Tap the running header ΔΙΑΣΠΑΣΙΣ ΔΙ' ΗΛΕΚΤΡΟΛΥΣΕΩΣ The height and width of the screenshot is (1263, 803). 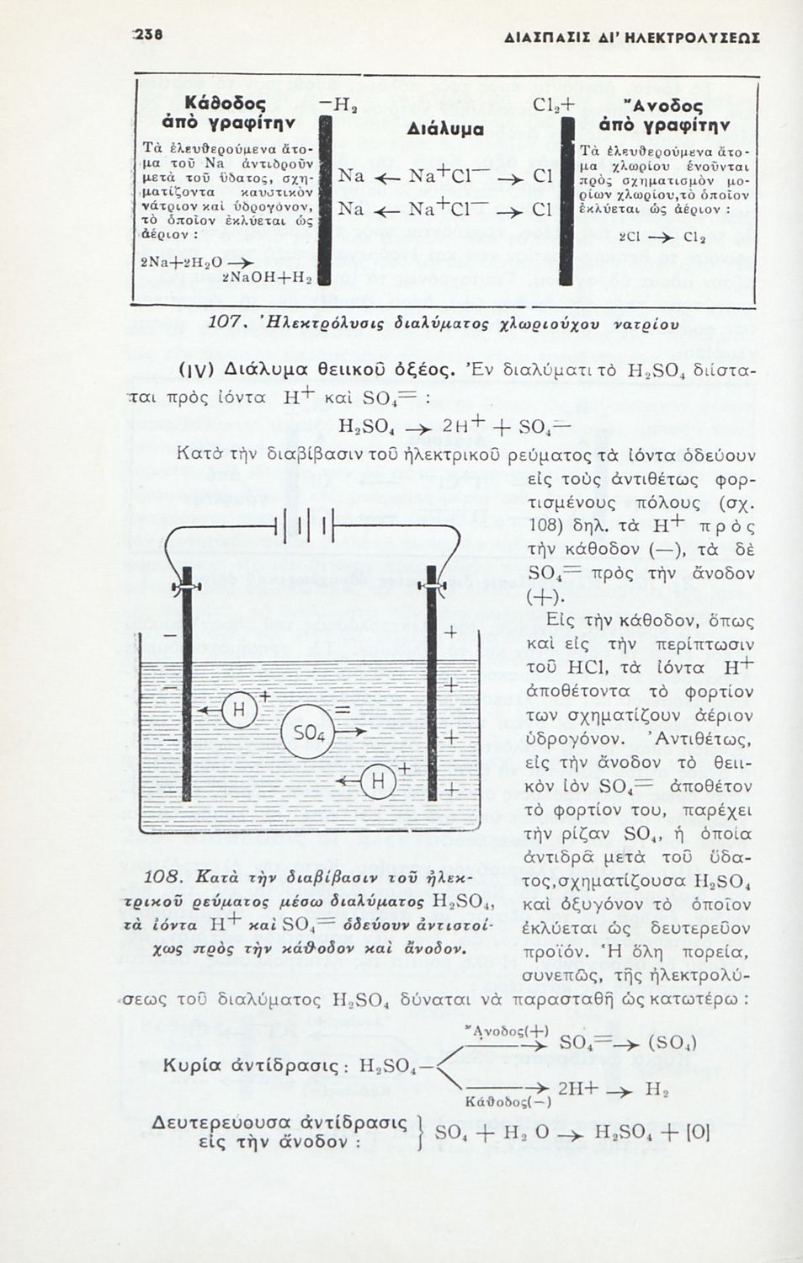coord(631,38)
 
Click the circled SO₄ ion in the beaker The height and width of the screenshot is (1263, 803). coord(309,733)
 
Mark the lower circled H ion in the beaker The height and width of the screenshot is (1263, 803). coord(378,782)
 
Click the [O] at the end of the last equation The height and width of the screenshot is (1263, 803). coord(698,1132)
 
